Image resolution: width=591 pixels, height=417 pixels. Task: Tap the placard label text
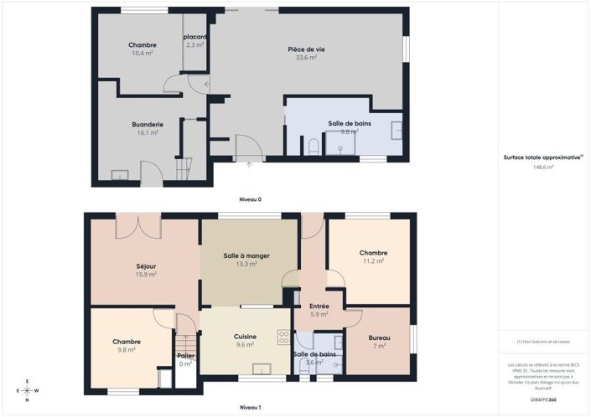click(195, 37)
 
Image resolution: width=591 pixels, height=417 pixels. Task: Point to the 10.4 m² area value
click(142, 53)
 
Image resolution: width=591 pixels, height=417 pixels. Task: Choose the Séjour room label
click(146, 266)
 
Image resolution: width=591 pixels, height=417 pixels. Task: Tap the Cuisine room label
click(245, 337)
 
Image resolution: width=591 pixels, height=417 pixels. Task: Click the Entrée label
click(319, 306)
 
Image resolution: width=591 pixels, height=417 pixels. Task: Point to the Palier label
click(185, 355)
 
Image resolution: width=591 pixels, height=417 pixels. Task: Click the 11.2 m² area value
click(372, 260)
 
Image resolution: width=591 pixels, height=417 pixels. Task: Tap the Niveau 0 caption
click(251, 199)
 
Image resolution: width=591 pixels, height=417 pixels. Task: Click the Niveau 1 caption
click(251, 407)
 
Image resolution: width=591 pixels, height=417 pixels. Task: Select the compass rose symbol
click(27, 390)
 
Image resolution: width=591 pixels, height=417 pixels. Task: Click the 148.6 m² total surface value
click(543, 167)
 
